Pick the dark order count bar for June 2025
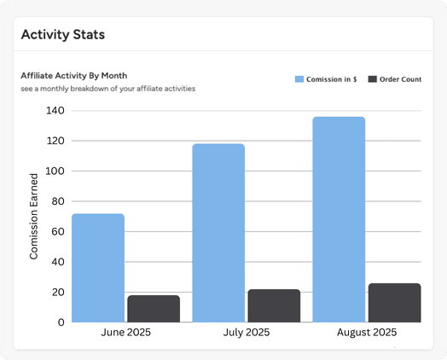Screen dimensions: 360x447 [154, 309]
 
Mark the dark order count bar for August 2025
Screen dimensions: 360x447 [394, 303]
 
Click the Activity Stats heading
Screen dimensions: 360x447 [62, 35]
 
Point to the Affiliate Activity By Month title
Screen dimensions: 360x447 [73, 76]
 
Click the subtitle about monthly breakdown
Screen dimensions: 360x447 [107, 89]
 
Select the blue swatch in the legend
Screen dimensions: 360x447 [299, 79]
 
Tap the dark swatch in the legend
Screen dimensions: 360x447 [372, 79]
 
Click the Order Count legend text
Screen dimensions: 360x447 [401, 79]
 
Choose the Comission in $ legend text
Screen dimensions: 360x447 [332, 79]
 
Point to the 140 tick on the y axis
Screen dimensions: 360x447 [56, 111]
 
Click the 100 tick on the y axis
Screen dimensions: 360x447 [56, 171]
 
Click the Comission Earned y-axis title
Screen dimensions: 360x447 [34, 216]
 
